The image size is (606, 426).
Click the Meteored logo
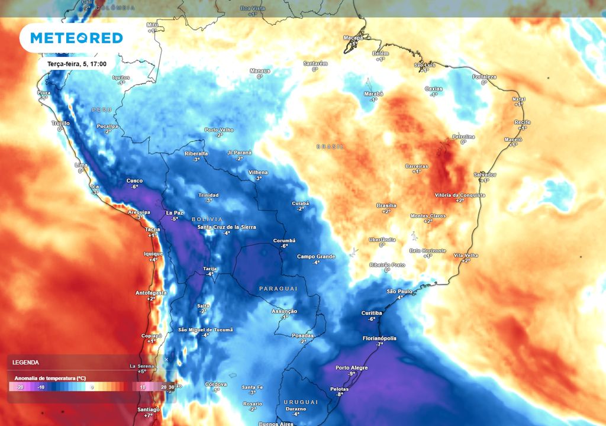click(76, 38)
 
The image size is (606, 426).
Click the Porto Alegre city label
click(352, 367)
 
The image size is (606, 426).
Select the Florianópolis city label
click(379, 338)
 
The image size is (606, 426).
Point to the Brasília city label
click(386, 205)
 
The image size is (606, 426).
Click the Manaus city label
click(260, 71)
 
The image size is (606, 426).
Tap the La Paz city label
click(174, 212)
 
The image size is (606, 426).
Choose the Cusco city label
click(134, 180)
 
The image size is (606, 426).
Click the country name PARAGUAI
click(278, 288)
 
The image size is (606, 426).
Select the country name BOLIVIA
click(207, 219)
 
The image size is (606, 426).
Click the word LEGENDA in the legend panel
click(25, 362)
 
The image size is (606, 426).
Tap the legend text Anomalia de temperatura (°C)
click(50, 377)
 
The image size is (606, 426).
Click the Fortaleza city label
click(484, 77)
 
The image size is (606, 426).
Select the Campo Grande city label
click(316, 256)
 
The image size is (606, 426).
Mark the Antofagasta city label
click(151, 292)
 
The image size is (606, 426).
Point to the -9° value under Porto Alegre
click(352, 374)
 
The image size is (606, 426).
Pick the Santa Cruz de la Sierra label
click(226, 227)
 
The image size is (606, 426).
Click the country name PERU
click(101, 110)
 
